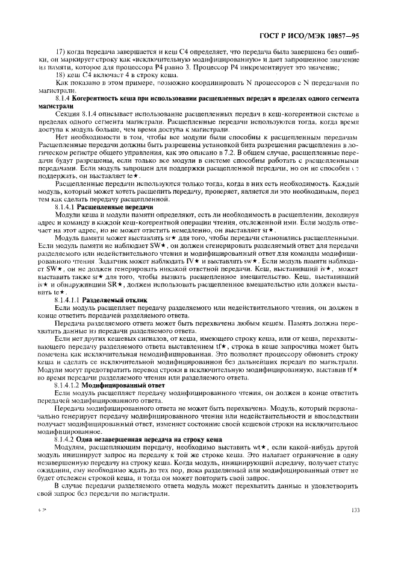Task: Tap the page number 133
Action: click(355, 526)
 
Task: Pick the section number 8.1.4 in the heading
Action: click(63, 97)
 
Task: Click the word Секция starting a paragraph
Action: click(66, 113)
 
